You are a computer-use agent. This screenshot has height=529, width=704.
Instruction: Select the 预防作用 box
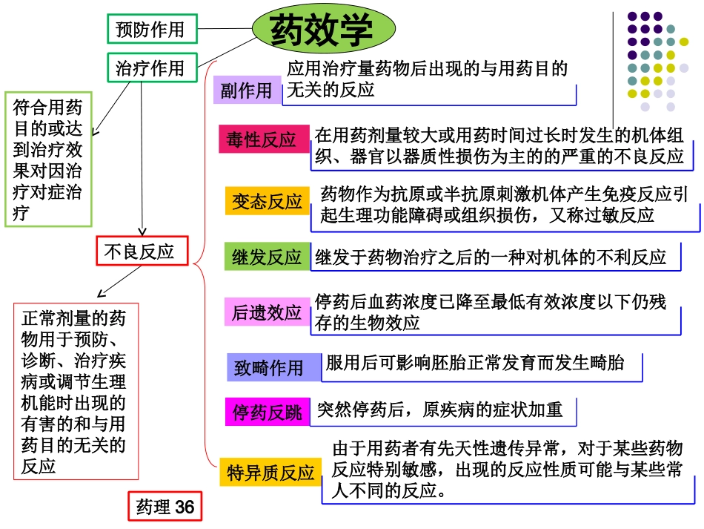coord(151,30)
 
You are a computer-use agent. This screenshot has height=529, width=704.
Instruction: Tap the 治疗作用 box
coord(151,68)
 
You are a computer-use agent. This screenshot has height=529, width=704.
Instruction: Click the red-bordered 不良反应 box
coord(142,252)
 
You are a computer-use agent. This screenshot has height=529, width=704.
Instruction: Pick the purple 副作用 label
coord(247,91)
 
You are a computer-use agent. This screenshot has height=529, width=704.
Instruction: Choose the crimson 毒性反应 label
coord(261,139)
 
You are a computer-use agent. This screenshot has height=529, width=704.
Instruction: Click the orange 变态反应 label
coord(267,201)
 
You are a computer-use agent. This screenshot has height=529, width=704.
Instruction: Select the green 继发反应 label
coord(267,257)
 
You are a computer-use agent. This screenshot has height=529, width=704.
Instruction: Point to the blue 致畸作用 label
coord(269,367)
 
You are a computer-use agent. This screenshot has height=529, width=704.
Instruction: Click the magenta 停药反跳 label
coord(267,413)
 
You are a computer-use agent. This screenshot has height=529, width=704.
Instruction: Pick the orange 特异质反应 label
coord(270,473)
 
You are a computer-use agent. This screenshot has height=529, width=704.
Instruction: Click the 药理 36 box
coord(165,507)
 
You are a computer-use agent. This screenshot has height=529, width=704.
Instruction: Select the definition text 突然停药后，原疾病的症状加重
coord(440,409)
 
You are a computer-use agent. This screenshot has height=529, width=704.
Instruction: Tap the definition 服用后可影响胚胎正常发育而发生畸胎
coord(475,363)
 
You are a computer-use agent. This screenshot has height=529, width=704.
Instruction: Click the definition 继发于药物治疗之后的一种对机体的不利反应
coord(491,257)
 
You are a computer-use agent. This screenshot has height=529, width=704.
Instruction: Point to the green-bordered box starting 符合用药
coord(48,160)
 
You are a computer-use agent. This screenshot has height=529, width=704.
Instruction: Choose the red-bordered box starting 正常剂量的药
coord(76,391)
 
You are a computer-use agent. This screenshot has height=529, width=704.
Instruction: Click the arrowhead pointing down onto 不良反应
coord(142,231)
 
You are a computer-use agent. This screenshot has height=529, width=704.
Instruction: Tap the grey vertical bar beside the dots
coord(614,59)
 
